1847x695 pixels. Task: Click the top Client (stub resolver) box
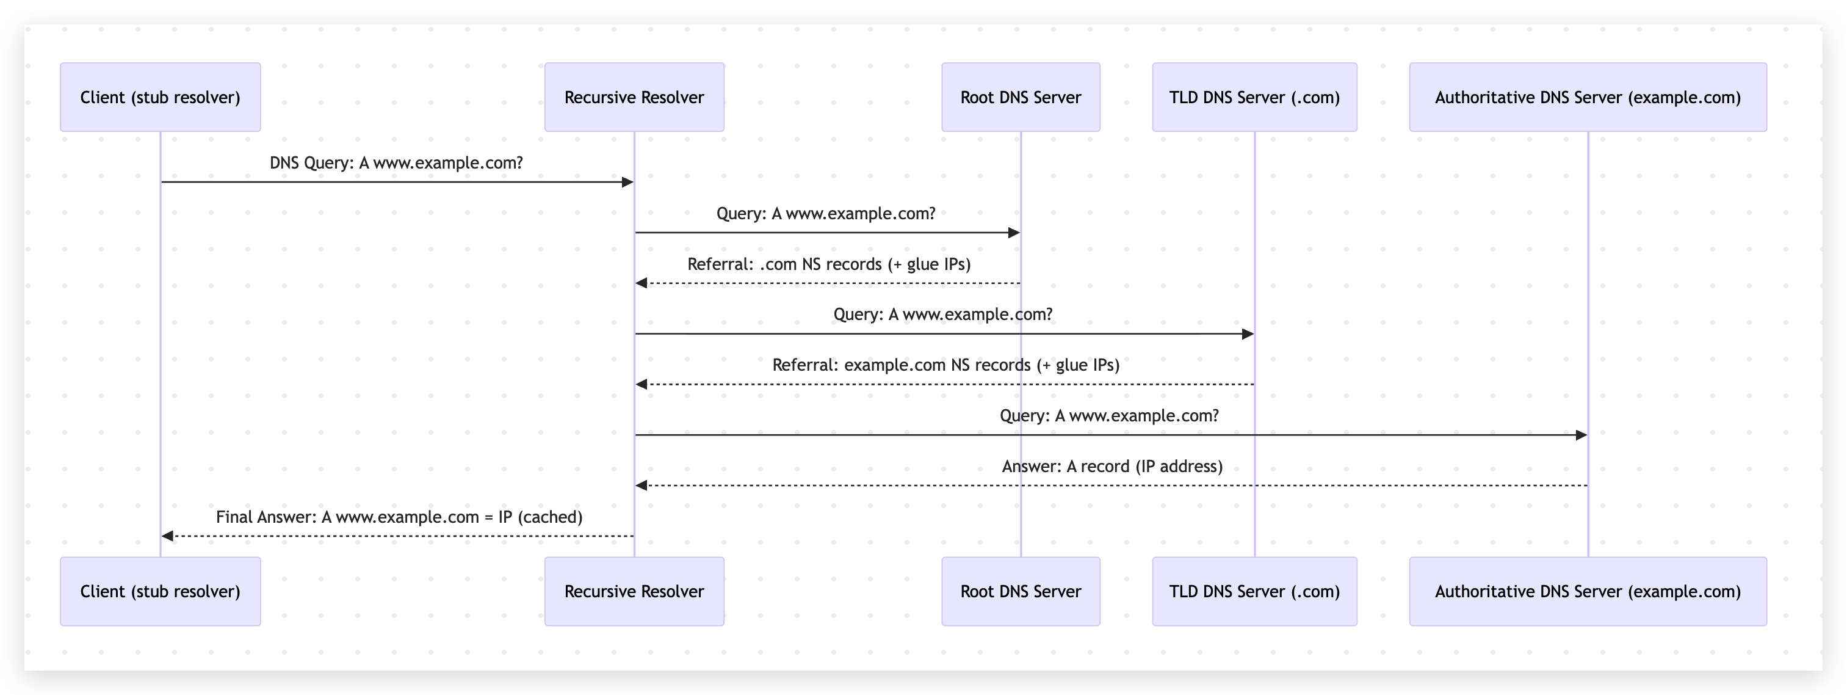(160, 97)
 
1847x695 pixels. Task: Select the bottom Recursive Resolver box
(634, 591)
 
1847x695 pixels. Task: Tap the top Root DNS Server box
(1021, 97)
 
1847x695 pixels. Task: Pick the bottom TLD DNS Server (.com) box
(1254, 591)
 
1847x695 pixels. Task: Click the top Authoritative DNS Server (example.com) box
(1588, 97)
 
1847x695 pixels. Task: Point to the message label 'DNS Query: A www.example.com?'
(396, 163)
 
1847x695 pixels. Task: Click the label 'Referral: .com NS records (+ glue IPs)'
(829, 264)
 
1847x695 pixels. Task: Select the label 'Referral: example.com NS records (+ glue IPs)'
(945, 365)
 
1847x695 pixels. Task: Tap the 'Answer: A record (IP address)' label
(1112, 466)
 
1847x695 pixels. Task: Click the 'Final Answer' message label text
(399, 517)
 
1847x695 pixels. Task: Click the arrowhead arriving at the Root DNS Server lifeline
(1014, 233)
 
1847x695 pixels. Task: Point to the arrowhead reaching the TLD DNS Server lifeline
(1248, 333)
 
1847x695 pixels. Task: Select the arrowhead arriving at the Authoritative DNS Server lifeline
(1581, 435)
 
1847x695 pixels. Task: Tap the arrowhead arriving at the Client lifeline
(168, 536)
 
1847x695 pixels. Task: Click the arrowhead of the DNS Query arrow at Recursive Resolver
(627, 182)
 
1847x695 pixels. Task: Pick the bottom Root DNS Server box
(1021, 591)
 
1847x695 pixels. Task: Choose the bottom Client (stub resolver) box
(160, 591)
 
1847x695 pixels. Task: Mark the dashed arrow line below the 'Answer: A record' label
(1111, 486)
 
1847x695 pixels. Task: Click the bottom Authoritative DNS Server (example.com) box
(1588, 591)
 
